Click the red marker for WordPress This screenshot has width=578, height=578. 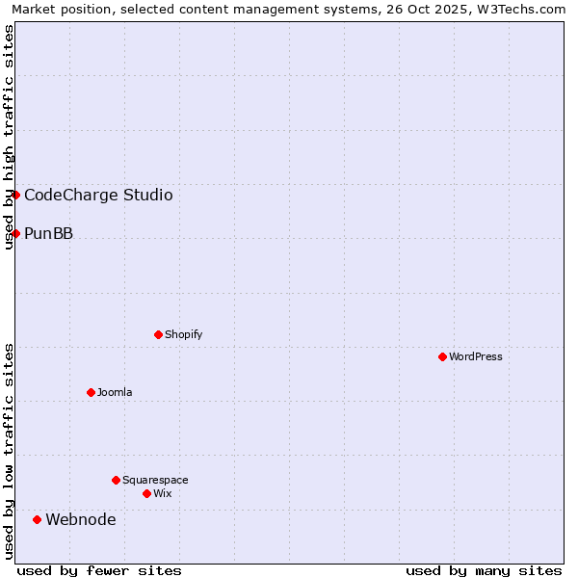(x=442, y=356)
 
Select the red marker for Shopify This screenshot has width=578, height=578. (x=158, y=334)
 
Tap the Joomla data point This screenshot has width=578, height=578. (x=91, y=392)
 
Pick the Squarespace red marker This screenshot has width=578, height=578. (x=116, y=480)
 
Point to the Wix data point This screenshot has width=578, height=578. (x=146, y=493)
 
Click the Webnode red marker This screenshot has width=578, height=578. (x=37, y=520)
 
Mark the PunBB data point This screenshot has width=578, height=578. (x=15, y=233)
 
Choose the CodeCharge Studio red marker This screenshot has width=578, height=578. (x=15, y=195)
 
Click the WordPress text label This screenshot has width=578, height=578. (x=476, y=356)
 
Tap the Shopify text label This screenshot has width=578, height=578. (x=184, y=334)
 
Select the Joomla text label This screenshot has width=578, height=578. (x=115, y=392)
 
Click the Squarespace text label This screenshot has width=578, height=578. (x=155, y=480)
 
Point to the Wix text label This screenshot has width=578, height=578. (x=163, y=493)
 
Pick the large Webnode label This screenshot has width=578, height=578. (x=81, y=520)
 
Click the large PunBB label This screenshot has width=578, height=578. (x=48, y=233)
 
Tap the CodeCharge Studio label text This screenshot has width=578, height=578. (x=98, y=195)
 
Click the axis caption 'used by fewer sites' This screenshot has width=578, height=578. (x=99, y=570)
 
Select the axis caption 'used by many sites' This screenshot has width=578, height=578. (x=484, y=570)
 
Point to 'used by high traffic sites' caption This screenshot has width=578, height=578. (x=9, y=137)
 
